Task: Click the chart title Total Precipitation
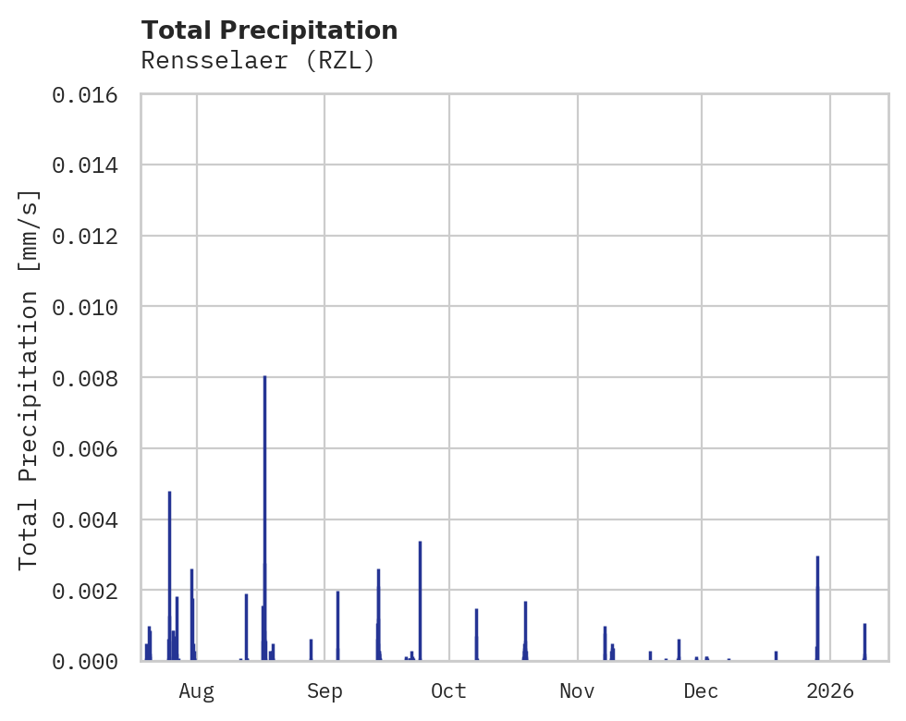(269, 31)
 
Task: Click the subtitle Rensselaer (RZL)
(258, 61)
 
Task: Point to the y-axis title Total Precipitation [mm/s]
(30, 378)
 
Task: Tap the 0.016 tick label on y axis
(91, 94)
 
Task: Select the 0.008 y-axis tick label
(91, 378)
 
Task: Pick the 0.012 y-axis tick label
(91, 236)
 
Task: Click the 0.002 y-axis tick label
(91, 590)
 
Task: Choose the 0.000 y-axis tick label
(91, 661)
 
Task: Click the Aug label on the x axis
(196, 690)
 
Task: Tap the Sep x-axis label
(324, 690)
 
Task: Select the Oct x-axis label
(448, 690)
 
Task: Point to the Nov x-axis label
(577, 690)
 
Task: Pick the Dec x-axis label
(702, 690)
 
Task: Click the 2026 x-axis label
(829, 690)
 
